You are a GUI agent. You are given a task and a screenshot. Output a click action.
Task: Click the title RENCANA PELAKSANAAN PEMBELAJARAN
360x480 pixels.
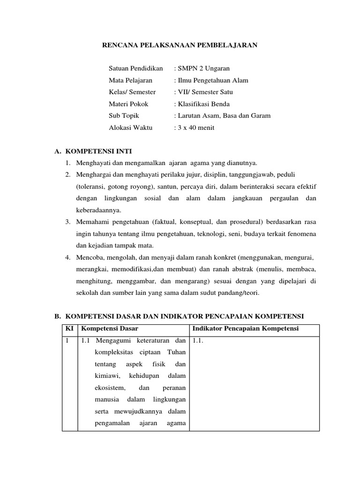coord(180,45)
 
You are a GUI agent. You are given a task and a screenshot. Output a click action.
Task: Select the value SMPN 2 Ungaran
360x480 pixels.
coord(202,68)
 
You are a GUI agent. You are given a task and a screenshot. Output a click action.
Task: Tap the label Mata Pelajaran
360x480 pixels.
coord(130,80)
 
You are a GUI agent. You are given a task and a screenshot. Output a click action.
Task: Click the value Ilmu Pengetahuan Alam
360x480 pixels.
coord(211,80)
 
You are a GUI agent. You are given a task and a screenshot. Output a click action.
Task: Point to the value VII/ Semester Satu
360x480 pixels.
coord(203,92)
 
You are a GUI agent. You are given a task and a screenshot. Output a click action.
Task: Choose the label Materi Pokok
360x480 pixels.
coord(128,104)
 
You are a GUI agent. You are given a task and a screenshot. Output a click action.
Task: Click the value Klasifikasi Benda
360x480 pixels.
coord(202,104)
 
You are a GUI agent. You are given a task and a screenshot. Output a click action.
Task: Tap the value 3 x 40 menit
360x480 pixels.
coord(195,127)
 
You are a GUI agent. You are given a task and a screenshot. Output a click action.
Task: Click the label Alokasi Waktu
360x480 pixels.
coord(131,127)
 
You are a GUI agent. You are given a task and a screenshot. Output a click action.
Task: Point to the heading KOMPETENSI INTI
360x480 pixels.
coord(98,151)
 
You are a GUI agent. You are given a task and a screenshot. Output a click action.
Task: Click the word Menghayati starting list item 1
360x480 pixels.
coord(92,163)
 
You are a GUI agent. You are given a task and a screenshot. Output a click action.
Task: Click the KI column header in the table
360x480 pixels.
coord(69,329)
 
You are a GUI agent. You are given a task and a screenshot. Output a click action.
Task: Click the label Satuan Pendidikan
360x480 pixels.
coord(135,68)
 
